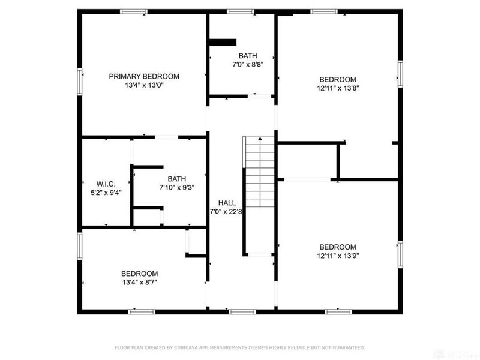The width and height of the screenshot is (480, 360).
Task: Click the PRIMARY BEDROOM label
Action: (144, 76)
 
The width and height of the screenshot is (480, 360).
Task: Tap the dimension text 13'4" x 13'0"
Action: (144, 85)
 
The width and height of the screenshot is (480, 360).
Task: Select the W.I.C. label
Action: (106, 184)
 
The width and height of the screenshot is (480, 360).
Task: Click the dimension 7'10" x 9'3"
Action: (177, 188)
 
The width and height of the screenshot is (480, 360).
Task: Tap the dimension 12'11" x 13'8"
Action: (337, 88)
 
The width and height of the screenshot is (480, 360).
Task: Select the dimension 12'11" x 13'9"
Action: (337, 256)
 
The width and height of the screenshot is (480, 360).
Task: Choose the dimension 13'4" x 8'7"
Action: (139, 281)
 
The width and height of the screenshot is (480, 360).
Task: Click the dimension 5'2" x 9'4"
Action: (106, 193)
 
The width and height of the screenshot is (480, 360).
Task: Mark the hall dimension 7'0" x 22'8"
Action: (226, 211)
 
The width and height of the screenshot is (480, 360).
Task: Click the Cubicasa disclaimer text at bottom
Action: (240, 347)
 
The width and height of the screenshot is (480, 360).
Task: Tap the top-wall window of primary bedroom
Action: (134, 11)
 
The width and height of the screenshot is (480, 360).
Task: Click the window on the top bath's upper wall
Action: (240, 11)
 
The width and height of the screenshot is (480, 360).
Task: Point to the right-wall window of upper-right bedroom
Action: (400, 73)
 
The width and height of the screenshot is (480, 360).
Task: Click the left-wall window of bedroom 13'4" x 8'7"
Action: (80, 246)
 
